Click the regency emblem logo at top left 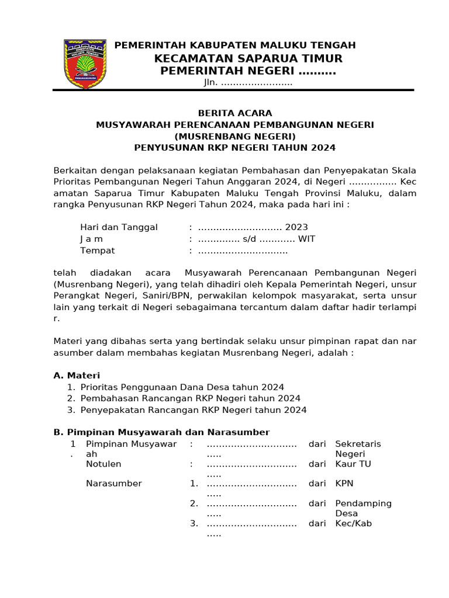(85, 64)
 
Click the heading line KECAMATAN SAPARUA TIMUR (248, 58)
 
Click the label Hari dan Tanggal (119, 227)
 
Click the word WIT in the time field (306, 239)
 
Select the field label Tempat (97, 251)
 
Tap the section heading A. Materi (77, 376)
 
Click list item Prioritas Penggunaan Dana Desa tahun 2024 (182, 387)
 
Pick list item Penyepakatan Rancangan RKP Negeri (193, 410)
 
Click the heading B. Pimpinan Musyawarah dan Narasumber (161, 432)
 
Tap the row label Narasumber (113, 484)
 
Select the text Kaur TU (353, 464)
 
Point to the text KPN (344, 484)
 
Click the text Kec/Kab (353, 523)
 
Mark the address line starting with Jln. (248, 83)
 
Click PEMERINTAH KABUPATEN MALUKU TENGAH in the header (234, 46)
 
